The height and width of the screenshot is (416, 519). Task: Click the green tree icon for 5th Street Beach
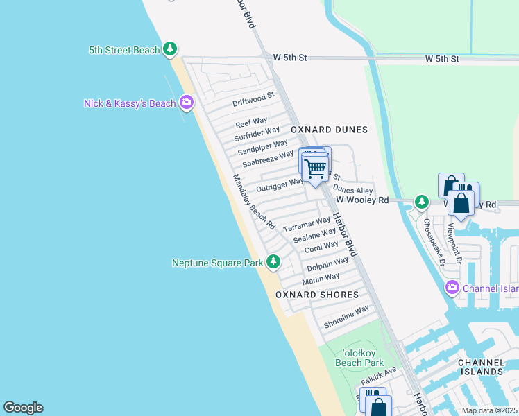click(x=170, y=49)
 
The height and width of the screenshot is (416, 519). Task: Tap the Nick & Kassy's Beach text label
click(x=130, y=103)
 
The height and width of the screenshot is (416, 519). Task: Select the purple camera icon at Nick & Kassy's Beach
click(x=186, y=103)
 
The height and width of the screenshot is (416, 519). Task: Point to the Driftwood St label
click(x=253, y=98)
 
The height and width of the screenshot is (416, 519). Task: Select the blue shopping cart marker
click(x=316, y=168)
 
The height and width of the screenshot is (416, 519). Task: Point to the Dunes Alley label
click(x=352, y=190)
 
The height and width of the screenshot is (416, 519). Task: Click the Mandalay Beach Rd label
click(x=254, y=202)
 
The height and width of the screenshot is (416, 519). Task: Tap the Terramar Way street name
click(x=307, y=225)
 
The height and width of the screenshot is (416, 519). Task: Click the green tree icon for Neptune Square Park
click(x=274, y=261)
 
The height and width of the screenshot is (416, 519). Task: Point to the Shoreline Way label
click(x=347, y=318)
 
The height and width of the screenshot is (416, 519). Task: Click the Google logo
click(x=23, y=408)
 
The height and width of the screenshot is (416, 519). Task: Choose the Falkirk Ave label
click(x=378, y=379)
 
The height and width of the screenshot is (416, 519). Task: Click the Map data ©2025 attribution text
click(x=488, y=410)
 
